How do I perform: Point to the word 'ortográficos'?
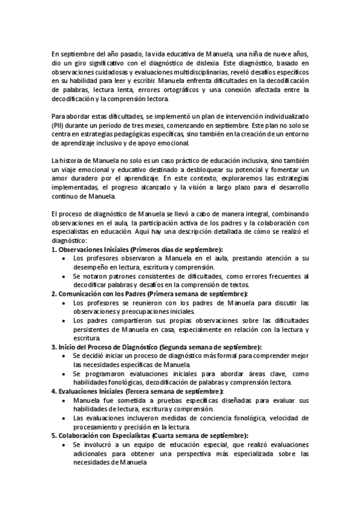tap(189, 90)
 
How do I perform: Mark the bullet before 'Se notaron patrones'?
tap(64, 276)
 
